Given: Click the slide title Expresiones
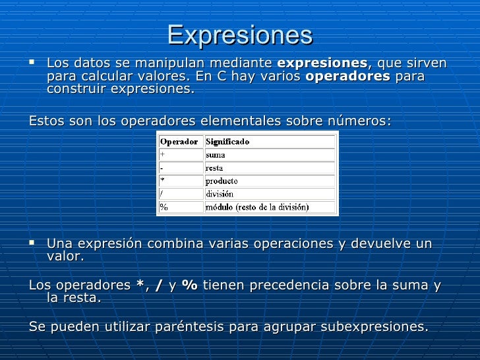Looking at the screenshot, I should point(239,35).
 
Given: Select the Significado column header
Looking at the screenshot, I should point(227,142).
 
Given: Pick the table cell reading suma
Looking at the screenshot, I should point(216,155).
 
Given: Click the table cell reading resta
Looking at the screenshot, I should point(215,168).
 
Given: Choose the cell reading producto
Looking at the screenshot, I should point(222,181).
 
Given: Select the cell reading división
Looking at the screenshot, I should point(220,195).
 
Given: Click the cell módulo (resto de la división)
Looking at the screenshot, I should point(257,207).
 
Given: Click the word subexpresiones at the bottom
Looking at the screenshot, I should point(378,327).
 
